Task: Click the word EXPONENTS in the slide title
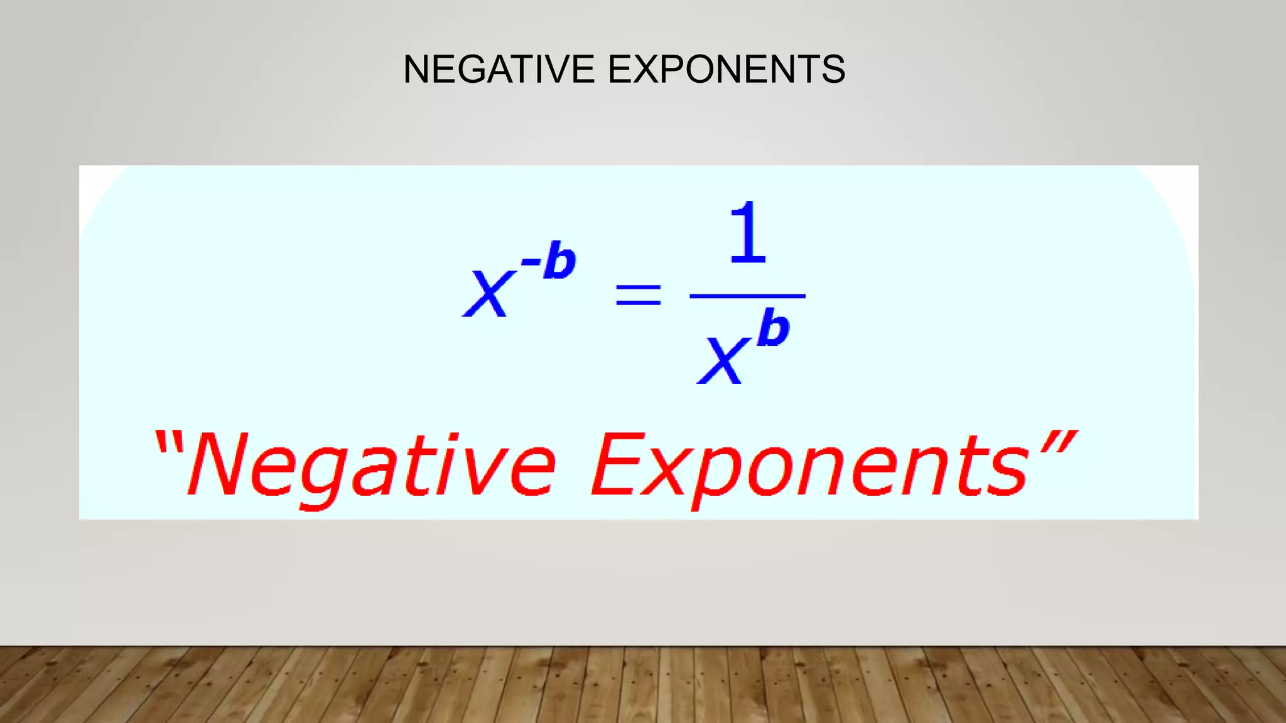coord(727,69)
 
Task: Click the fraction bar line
coord(747,296)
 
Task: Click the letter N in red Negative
coord(217,464)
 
